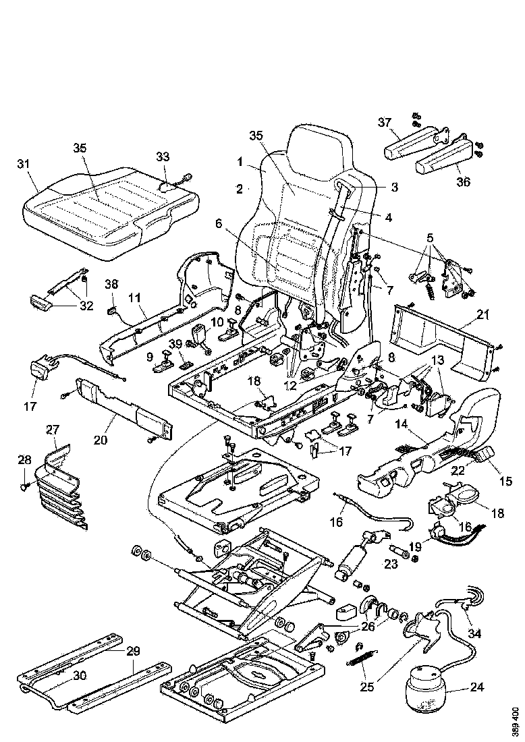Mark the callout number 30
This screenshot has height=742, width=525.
coord(80,675)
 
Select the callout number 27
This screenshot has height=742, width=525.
coord(53,429)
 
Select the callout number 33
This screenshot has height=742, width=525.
coord(163,156)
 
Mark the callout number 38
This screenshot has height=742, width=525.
coord(111,285)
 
